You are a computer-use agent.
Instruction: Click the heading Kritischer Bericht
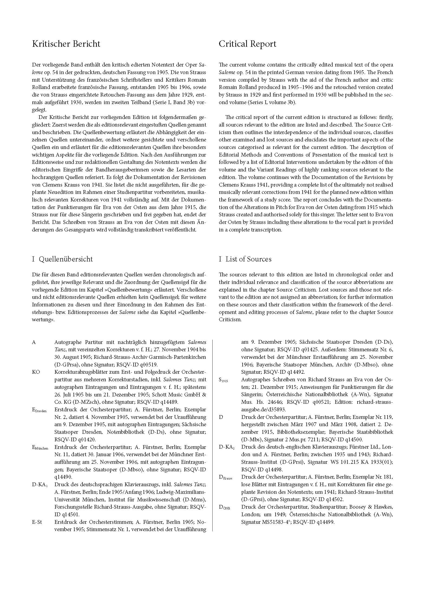(66, 44)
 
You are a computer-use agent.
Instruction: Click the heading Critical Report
(247, 44)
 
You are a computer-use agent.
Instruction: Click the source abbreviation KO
(36, 372)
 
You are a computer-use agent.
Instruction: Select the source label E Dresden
(39, 410)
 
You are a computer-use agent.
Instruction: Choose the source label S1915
(223, 380)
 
